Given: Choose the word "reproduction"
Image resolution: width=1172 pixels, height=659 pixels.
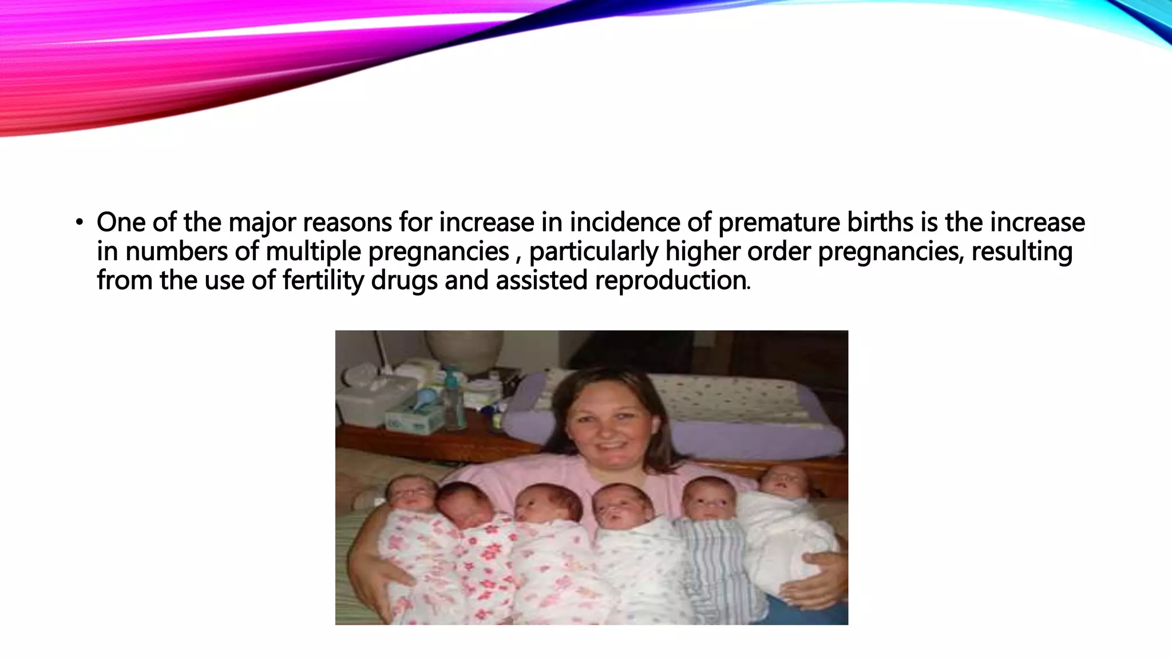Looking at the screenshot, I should [x=671, y=281].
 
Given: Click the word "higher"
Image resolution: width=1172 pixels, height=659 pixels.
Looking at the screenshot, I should [x=703, y=252].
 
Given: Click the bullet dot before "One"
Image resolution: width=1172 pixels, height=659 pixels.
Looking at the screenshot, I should [x=79, y=223].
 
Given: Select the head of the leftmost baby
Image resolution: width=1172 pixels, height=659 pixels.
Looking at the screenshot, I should [x=410, y=492].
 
